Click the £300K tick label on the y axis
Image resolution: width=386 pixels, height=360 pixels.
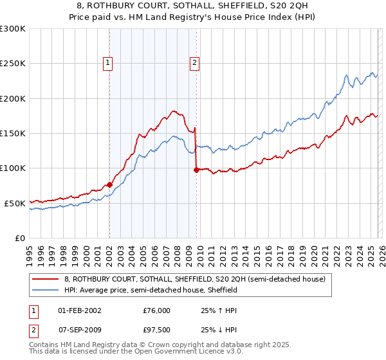tap(13, 29)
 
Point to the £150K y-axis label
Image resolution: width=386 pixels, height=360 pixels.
tap(13, 134)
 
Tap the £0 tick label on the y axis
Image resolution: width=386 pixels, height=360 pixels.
tap(19, 238)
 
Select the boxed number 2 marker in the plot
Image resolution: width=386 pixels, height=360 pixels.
tap(194, 63)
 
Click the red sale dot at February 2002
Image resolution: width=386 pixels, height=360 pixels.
tap(109, 185)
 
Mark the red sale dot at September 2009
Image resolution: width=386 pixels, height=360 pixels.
tap(196, 170)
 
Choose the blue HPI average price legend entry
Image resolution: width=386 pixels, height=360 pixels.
tap(151, 290)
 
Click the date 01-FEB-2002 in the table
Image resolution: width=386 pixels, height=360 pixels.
tap(80, 310)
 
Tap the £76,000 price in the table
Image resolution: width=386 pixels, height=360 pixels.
tap(157, 310)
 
